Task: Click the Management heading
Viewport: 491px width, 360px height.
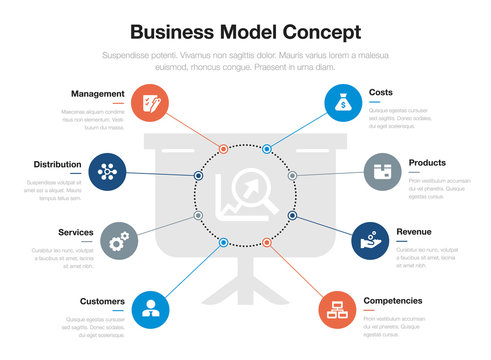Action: click(97, 93)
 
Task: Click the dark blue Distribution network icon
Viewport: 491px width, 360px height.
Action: click(107, 172)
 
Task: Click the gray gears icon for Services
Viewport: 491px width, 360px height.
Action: click(120, 241)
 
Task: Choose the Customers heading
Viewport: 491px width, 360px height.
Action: click(102, 301)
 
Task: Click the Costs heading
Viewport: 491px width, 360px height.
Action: click(381, 92)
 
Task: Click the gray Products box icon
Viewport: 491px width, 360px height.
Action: click(382, 172)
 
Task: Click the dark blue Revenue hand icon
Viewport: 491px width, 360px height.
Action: click(371, 241)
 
